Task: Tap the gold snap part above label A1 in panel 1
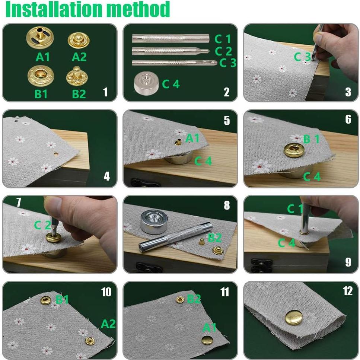click(40, 38)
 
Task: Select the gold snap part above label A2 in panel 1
click(79, 40)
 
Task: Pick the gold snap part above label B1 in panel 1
click(41, 76)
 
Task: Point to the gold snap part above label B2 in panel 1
click(77, 76)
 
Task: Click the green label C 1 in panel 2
click(223, 39)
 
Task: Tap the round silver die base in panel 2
click(146, 83)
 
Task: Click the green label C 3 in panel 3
click(302, 57)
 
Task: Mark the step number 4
click(107, 176)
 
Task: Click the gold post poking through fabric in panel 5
click(177, 142)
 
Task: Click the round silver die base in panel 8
click(153, 222)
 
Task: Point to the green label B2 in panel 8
click(215, 238)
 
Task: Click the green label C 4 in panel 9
click(286, 243)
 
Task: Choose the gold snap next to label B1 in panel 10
click(46, 300)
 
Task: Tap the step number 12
click(348, 291)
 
